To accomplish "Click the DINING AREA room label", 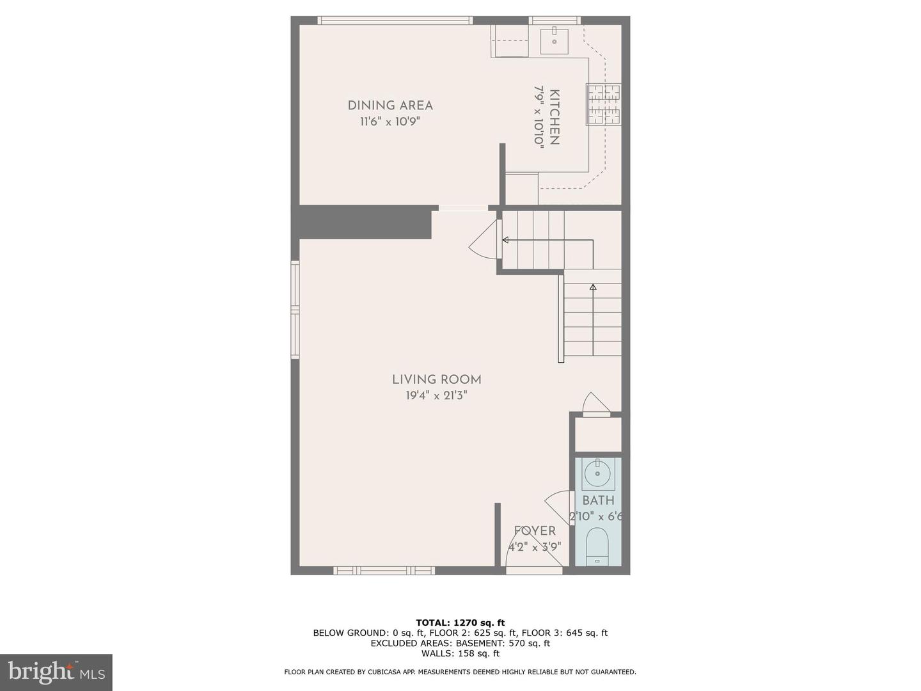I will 390,106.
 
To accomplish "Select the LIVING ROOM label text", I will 437,379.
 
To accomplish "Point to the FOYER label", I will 535,531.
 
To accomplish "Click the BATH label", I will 598,500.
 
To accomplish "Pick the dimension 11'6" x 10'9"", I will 390,122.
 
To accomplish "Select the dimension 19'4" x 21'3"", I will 437,395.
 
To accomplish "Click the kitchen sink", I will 554,40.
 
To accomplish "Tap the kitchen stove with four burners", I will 604,104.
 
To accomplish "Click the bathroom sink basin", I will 597,473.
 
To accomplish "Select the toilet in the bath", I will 597,545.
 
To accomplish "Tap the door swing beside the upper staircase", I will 485,241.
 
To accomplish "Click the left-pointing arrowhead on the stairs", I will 505,241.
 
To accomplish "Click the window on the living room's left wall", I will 295,310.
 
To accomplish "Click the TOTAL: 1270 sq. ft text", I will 460,623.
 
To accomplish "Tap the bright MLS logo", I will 56,672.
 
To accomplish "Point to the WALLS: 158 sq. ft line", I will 460,653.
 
